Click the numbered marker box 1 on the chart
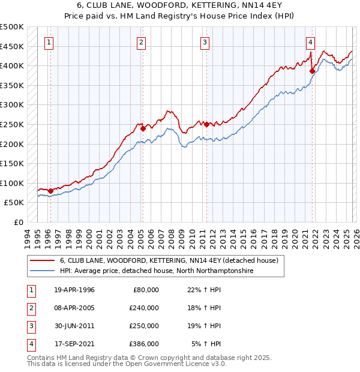coord(49,42)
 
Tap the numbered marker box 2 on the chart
coord(140,42)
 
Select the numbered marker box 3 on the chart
coord(205,42)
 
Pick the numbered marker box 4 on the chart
coord(310,42)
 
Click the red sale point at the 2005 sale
coord(143,128)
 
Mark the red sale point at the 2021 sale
coord(312,71)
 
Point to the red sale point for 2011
coord(206,124)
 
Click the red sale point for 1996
coord(50,191)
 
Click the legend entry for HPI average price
coord(157,271)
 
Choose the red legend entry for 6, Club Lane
coord(169,261)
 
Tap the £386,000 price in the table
coord(144,344)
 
